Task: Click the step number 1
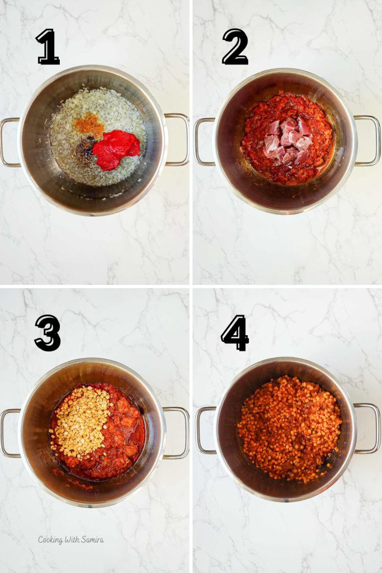coord(48,47)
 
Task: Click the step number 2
coord(235,47)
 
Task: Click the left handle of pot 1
coord(8,142)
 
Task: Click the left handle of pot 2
coord(202,142)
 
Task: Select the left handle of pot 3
coord(8,433)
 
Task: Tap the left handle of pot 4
coord(203,431)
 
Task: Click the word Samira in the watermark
coord(90,540)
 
